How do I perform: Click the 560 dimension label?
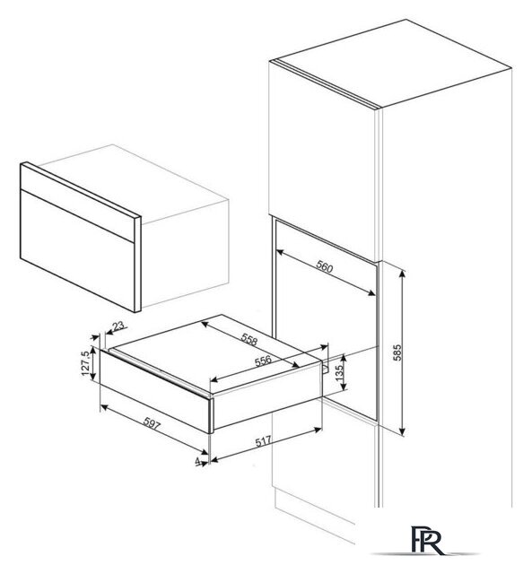(x=325, y=268)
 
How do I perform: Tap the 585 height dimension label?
(x=397, y=352)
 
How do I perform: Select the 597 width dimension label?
(x=152, y=424)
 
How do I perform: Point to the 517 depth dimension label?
(x=264, y=441)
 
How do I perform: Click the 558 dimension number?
(x=249, y=341)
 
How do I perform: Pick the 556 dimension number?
(x=263, y=361)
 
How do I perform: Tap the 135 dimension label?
(x=339, y=373)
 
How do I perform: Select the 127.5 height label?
(x=85, y=363)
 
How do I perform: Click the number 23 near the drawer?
(x=118, y=326)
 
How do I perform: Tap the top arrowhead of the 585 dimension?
(x=403, y=274)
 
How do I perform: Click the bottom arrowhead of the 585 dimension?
(x=403, y=432)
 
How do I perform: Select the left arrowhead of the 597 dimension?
(x=104, y=406)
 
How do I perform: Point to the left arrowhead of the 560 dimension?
(x=280, y=252)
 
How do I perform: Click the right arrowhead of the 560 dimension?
(x=371, y=293)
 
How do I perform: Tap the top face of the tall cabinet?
(x=390, y=63)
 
